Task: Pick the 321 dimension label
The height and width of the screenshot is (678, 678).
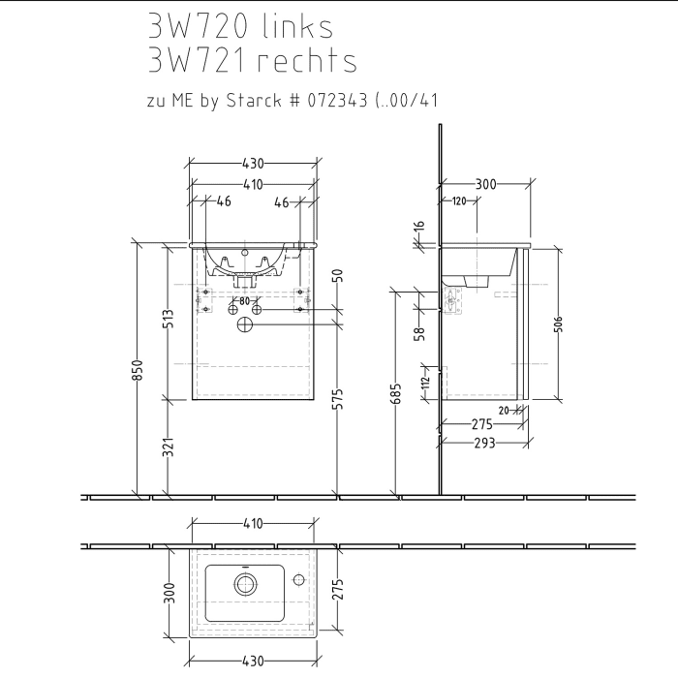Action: [x=169, y=447]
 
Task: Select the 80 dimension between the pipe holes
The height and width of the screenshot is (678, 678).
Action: [x=244, y=301]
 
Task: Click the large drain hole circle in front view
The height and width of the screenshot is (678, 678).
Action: [x=244, y=327]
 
